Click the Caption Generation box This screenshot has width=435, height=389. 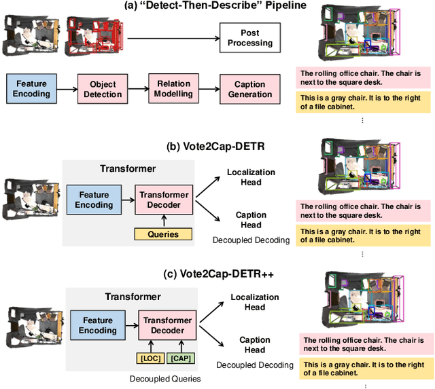click(250, 89)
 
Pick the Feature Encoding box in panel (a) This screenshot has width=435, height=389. click(31, 89)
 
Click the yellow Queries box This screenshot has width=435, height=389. click(163, 234)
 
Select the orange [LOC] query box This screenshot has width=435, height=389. click(149, 358)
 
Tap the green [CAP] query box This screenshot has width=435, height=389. click(180, 358)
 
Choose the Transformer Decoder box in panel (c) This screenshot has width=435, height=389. click(167, 325)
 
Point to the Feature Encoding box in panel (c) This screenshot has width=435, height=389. click(98, 325)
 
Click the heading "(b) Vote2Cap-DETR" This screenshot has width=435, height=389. click(217, 145)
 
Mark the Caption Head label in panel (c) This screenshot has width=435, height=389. click(254, 345)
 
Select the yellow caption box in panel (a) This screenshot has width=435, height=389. click(362, 102)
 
